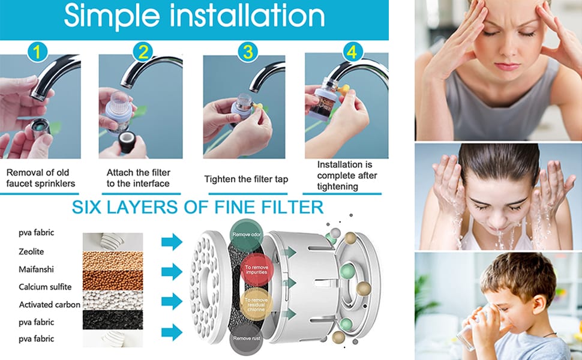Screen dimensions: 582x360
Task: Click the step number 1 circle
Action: point(37,52)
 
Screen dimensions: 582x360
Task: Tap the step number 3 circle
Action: point(248,52)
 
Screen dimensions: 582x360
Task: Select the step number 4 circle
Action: point(352,52)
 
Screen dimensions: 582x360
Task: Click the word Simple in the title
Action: point(112,16)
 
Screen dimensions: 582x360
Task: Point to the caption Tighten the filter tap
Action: point(246,179)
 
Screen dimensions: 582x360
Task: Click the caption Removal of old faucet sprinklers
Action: point(41,178)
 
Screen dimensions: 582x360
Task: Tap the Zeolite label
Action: point(31,251)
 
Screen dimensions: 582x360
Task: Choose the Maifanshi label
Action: point(36,269)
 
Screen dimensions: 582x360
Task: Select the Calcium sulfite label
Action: point(45,287)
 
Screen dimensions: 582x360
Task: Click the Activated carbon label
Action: point(50,305)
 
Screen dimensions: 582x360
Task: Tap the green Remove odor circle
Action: point(247,235)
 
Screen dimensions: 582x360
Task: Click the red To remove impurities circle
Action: point(256,269)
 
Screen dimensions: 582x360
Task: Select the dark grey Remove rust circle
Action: point(247,338)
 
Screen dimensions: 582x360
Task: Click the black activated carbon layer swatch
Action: point(113,320)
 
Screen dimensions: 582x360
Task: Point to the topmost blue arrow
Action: point(172,242)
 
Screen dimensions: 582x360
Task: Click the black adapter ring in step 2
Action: point(127,142)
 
